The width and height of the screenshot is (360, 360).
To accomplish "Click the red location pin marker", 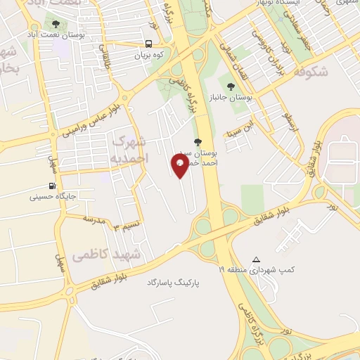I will pyautogui.click(x=181, y=165).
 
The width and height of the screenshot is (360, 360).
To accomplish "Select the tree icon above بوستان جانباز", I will pyautogui.click(x=231, y=86).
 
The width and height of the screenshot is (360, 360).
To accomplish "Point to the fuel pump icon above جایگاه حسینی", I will pyautogui.click(x=52, y=186).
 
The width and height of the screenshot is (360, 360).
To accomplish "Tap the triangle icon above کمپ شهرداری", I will pyautogui.click(x=256, y=259).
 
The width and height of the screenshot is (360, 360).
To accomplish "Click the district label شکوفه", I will pyautogui.click(x=310, y=72).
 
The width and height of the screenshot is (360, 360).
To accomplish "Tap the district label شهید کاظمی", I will pyautogui.click(x=116, y=253).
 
